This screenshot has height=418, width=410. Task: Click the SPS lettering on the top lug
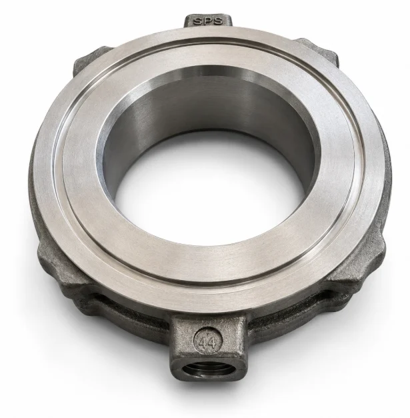tap(207, 21)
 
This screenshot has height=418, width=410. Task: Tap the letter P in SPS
tap(207, 21)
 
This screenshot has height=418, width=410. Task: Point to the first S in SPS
tap(198, 21)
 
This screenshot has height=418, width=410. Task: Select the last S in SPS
tap(217, 21)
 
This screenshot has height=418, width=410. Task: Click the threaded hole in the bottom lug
tap(205, 370)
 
